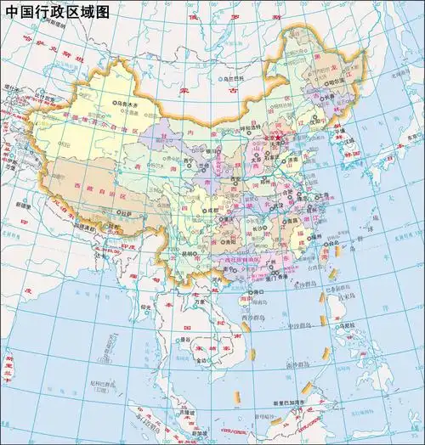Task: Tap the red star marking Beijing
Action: [276, 136]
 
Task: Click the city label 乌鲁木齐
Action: [127, 105]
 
